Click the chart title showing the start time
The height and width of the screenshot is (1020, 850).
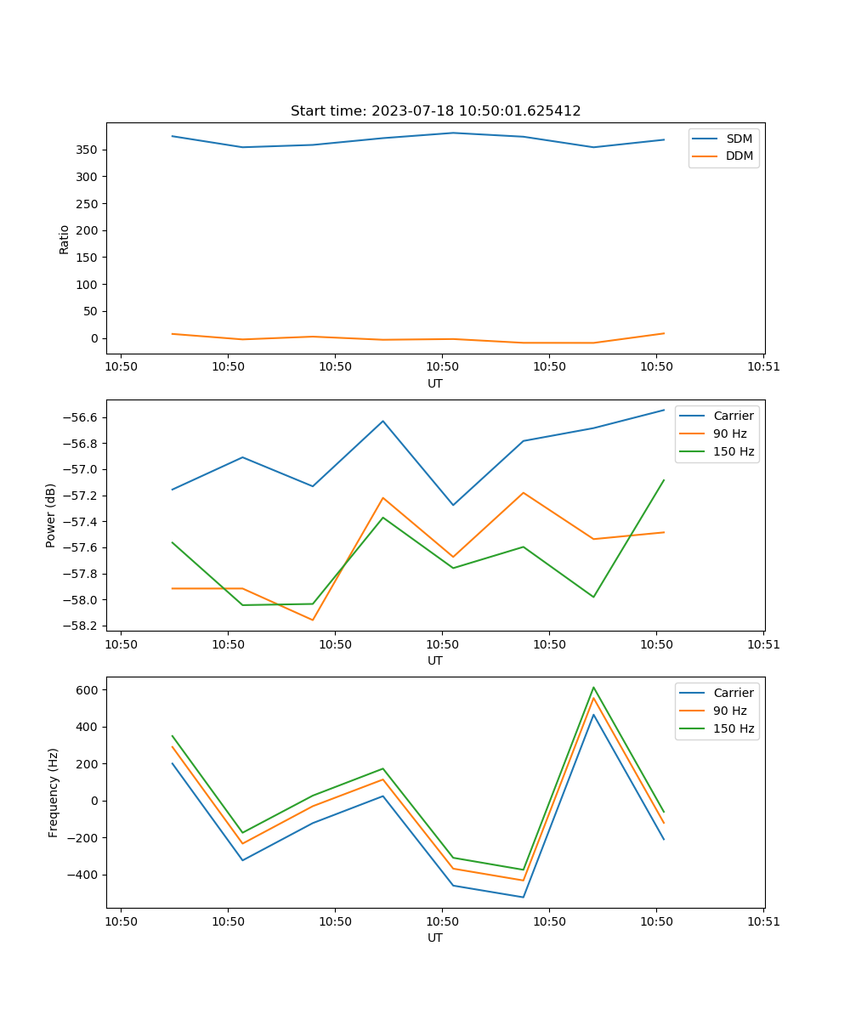click(435, 111)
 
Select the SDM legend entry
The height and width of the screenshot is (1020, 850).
click(739, 139)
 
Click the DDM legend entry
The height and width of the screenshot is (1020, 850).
click(739, 156)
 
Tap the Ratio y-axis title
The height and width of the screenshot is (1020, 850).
click(65, 239)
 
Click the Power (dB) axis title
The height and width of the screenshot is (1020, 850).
click(51, 515)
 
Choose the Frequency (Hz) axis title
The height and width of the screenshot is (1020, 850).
click(53, 792)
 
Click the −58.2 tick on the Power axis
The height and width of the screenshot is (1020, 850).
click(82, 626)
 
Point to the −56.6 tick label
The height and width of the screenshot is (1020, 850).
click(82, 417)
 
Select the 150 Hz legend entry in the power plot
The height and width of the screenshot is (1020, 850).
click(733, 451)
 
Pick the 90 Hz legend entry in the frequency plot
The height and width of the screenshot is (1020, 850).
click(729, 711)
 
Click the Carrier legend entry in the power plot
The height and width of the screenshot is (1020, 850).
click(733, 416)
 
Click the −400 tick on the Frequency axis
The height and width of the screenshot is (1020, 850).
click(85, 875)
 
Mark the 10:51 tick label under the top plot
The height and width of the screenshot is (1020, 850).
click(763, 367)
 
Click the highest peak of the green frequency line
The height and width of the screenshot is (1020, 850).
click(593, 687)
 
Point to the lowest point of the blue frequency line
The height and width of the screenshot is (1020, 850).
click(523, 897)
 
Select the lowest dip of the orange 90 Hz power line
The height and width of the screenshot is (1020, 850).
click(313, 620)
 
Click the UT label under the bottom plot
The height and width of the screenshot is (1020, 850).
click(435, 938)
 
